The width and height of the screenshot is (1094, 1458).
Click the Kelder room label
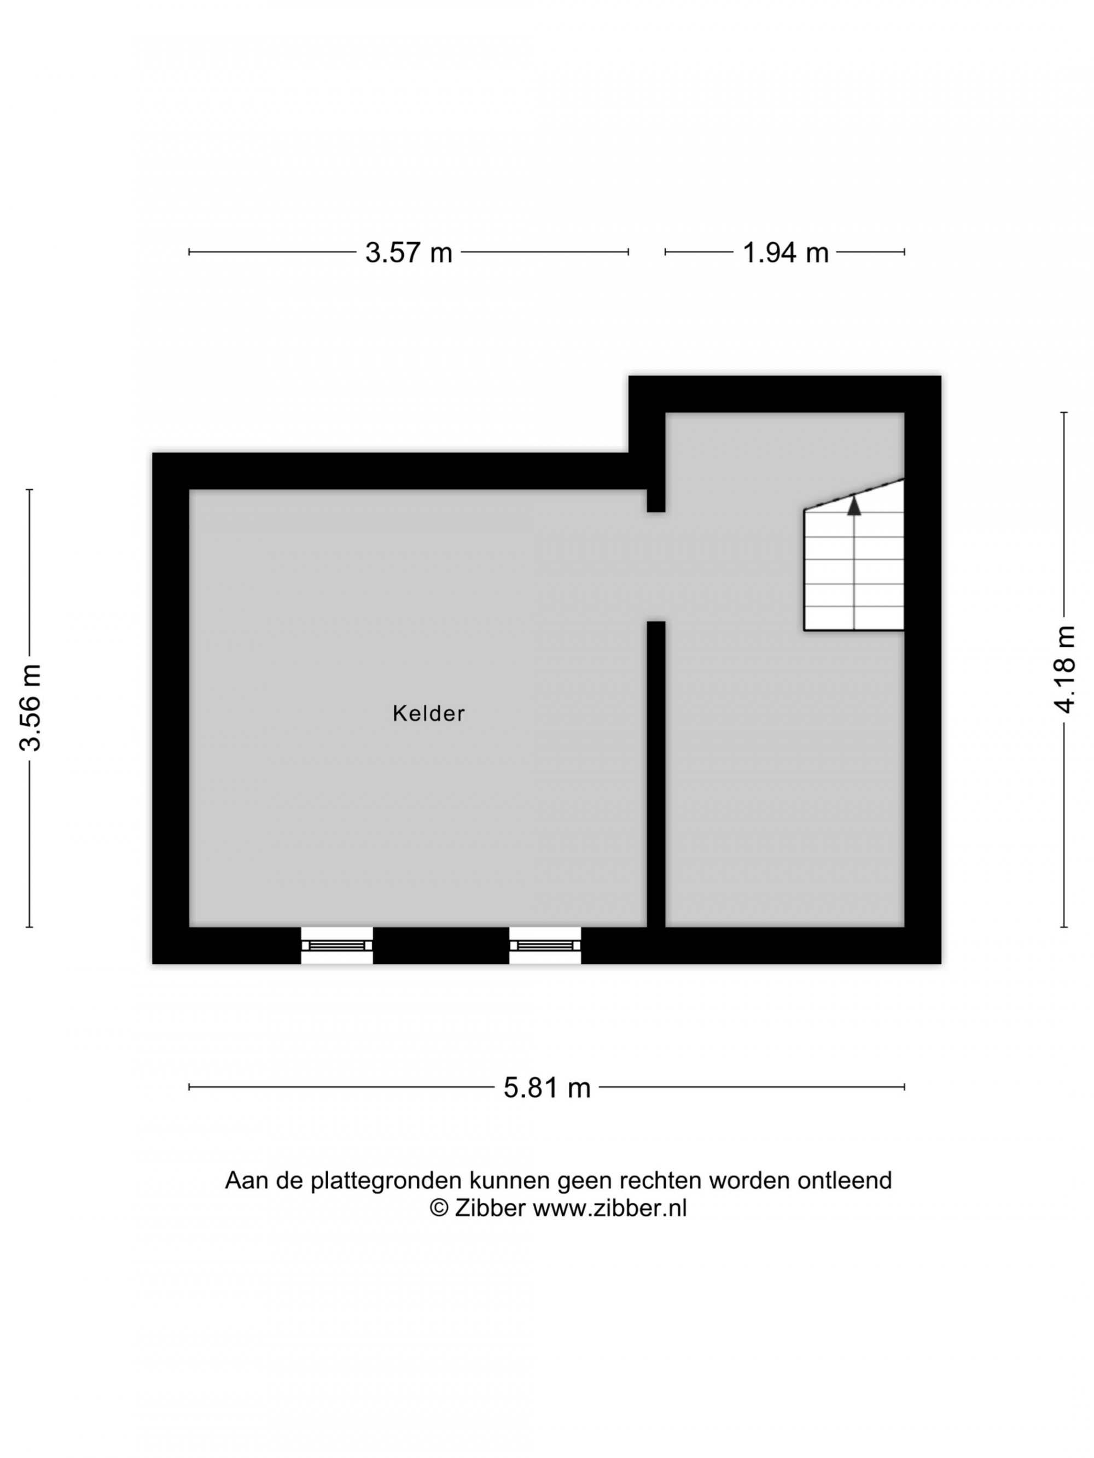[x=429, y=713]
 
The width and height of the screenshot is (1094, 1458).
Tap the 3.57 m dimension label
[x=409, y=253]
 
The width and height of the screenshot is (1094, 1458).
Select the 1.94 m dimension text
[x=785, y=253]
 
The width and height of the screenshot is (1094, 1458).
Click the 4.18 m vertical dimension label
[x=1065, y=669]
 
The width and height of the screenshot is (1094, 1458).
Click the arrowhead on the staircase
[x=854, y=506]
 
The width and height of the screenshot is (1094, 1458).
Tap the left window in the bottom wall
[x=337, y=945]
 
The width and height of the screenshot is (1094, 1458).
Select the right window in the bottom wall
[x=545, y=945]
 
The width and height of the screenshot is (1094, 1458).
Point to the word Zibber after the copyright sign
[x=490, y=1208]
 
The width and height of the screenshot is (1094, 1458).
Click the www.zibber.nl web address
[x=610, y=1208]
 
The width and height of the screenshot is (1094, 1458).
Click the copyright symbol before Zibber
[x=439, y=1209]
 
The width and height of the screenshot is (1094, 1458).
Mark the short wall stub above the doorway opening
[x=655, y=500]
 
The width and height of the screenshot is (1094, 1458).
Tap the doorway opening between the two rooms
[x=655, y=567]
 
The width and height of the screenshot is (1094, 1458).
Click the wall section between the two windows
[x=441, y=945]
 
